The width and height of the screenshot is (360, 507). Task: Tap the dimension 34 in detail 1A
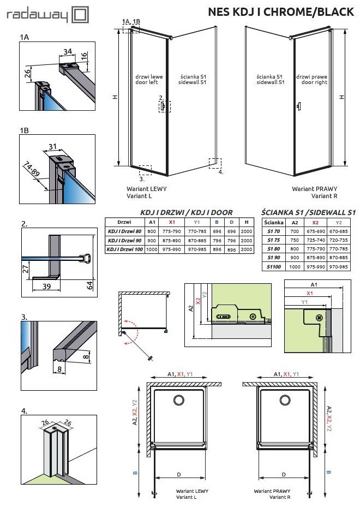pos(68,52)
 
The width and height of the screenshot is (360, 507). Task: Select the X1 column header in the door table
pos(172,222)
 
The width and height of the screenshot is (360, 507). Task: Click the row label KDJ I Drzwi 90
pos(124,241)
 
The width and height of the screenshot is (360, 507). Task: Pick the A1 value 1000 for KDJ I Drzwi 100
pos(152,249)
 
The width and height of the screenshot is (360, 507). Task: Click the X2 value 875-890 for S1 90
pos(315,257)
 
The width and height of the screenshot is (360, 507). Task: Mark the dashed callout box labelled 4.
pos(215,164)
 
